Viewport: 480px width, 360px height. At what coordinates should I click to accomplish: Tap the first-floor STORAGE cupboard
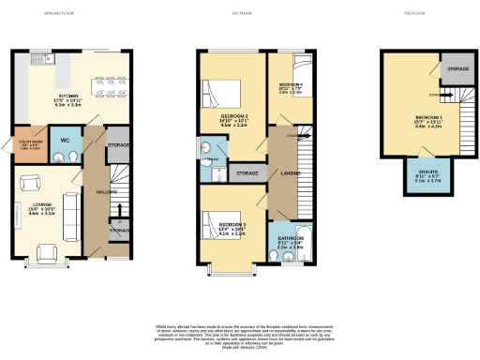(247, 174)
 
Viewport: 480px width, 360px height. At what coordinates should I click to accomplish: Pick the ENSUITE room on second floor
(413, 176)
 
